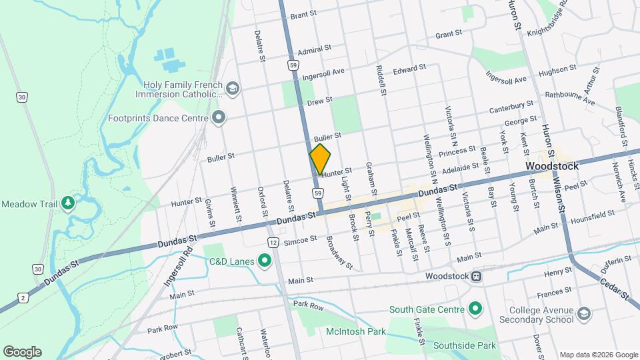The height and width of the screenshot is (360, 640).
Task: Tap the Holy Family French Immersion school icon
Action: (233, 89)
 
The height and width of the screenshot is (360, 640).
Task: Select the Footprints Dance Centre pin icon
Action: (219, 118)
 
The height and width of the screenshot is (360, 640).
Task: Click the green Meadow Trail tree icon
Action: (67, 203)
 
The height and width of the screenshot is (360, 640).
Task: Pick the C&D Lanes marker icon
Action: (265, 261)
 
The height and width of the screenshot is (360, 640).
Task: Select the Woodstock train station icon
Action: (477, 276)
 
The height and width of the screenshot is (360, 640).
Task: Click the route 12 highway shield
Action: (273, 241)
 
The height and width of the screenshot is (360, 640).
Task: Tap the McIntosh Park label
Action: (356, 331)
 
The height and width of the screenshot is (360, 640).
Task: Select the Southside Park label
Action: (464, 345)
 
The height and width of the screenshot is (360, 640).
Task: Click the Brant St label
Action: (302, 14)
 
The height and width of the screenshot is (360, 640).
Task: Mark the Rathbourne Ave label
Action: (569, 98)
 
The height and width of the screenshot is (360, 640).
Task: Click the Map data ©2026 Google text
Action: (598, 355)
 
